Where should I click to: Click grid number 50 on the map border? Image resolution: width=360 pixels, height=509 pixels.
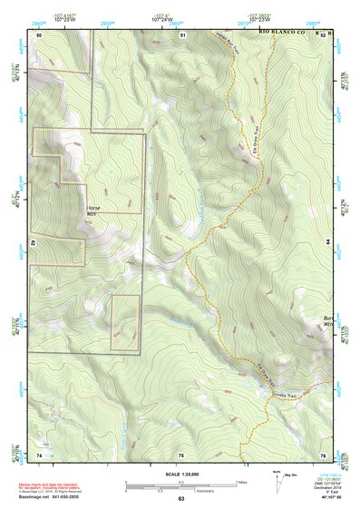pyautogui.click(x=39, y=34)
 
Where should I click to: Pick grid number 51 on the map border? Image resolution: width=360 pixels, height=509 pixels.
pyautogui.click(x=181, y=34)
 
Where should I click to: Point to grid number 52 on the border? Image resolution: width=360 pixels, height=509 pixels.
pyautogui.click(x=322, y=34)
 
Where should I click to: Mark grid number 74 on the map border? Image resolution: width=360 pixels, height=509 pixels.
pyautogui.click(x=39, y=453)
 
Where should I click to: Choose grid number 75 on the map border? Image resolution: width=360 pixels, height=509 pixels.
pyautogui.click(x=180, y=453)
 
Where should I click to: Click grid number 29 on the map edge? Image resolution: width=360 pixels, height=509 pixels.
pyautogui.click(x=32, y=243)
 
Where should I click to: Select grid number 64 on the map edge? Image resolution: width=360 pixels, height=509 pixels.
pyautogui.click(x=328, y=243)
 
